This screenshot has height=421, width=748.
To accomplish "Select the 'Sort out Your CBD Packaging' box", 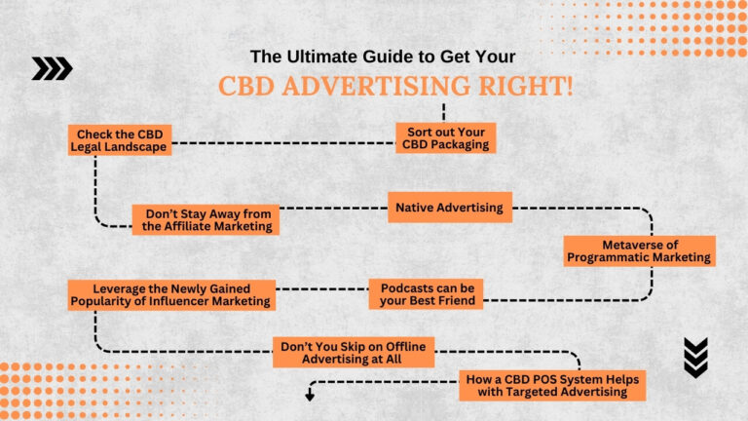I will pos(446,138).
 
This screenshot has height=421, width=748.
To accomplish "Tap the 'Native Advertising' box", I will pos(449,208).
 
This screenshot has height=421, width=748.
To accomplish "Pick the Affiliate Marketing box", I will pos(206,219).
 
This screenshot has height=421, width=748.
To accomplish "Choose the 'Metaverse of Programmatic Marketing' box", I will pos(640,250).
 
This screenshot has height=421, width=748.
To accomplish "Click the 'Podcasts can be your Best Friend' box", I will pos(426,294).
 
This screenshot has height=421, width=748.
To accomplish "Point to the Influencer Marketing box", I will pos(171,294).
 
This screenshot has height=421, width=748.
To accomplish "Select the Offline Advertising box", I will pos(354,352).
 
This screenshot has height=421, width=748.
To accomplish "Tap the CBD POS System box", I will pos(553,385).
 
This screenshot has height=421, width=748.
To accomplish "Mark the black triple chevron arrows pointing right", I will pos(52,67).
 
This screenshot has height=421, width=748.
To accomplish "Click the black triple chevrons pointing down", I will pos(695,357).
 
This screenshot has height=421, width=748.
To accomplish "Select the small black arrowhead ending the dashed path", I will pos(311,396).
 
